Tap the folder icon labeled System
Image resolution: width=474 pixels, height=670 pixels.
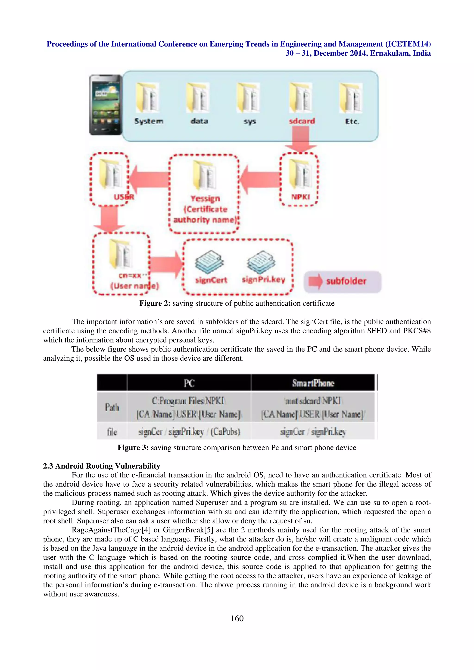click(147, 98)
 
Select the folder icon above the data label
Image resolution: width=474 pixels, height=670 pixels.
click(198, 98)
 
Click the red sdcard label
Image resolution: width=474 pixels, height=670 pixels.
click(302, 121)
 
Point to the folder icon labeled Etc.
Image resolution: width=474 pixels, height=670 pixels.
click(351, 98)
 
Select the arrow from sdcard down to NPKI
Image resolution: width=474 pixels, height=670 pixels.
click(301, 141)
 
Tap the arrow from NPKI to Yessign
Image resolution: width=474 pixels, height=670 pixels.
click(260, 179)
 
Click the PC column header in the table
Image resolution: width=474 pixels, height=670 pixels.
click(189, 383)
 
